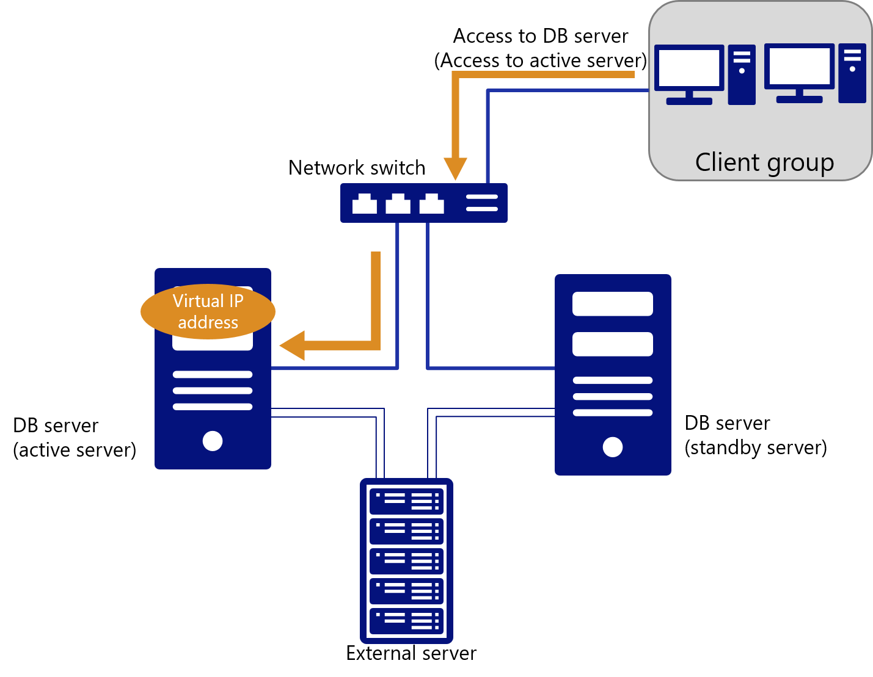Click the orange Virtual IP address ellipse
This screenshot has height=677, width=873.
click(208, 311)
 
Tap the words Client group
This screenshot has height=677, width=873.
click(764, 162)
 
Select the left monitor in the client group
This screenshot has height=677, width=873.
click(689, 68)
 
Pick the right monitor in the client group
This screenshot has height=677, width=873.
click(799, 67)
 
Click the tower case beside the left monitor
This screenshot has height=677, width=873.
click(742, 74)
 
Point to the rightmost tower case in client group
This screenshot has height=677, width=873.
click(852, 73)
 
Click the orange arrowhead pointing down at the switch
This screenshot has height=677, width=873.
click(455, 168)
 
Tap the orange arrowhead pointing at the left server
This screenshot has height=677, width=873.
click(293, 346)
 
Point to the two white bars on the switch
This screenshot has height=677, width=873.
click(482, 203)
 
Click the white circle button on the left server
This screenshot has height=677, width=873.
click(213, 441)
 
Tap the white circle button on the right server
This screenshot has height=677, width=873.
click(613, 447)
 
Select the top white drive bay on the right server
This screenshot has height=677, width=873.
click(613, 303)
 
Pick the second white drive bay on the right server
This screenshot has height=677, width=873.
click(613, 344)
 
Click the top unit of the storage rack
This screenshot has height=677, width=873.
click(406, 501)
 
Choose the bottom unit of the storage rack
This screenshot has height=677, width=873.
click(406, 621)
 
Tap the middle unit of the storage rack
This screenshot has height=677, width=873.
click(406, 561)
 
